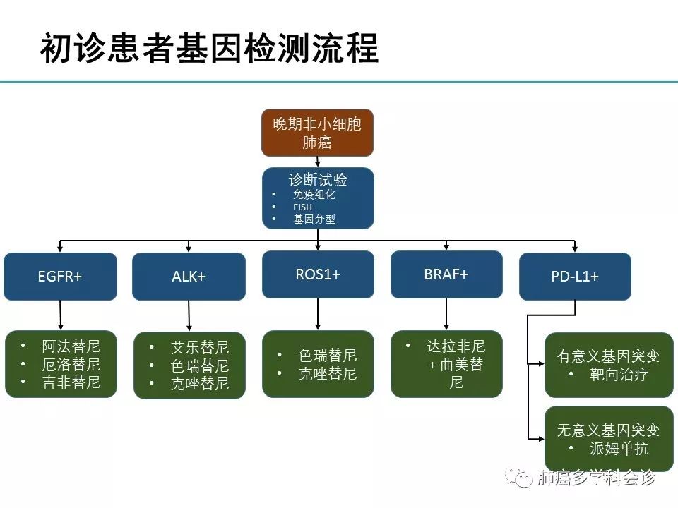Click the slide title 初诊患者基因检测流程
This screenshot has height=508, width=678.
coord(209,49)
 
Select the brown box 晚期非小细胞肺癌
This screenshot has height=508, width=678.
coord(317,133)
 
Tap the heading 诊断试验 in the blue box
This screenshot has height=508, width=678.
coord(318,179)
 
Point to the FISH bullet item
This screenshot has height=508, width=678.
coord(302,207)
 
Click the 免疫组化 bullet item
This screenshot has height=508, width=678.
coord(314,194)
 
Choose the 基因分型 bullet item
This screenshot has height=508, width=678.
coord(314,219)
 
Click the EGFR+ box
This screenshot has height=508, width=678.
coord(60,277)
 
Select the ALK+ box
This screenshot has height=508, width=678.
coord(189,277)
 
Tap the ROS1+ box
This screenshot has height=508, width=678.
coord(318,274)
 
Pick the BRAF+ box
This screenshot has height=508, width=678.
coord(446,274)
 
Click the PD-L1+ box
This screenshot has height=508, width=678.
coord(575,277)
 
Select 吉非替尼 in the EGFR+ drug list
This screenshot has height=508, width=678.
coord(71,382)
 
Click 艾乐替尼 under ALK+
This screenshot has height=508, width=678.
coord(200,348)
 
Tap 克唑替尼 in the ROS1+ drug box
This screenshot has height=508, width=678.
coord(328,374)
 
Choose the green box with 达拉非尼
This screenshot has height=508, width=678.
coord(446,364)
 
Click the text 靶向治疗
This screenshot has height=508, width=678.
coord(619,375)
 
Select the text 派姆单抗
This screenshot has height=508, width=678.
coord(619,448)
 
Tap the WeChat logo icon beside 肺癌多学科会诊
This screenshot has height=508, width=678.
coord(523,479)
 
